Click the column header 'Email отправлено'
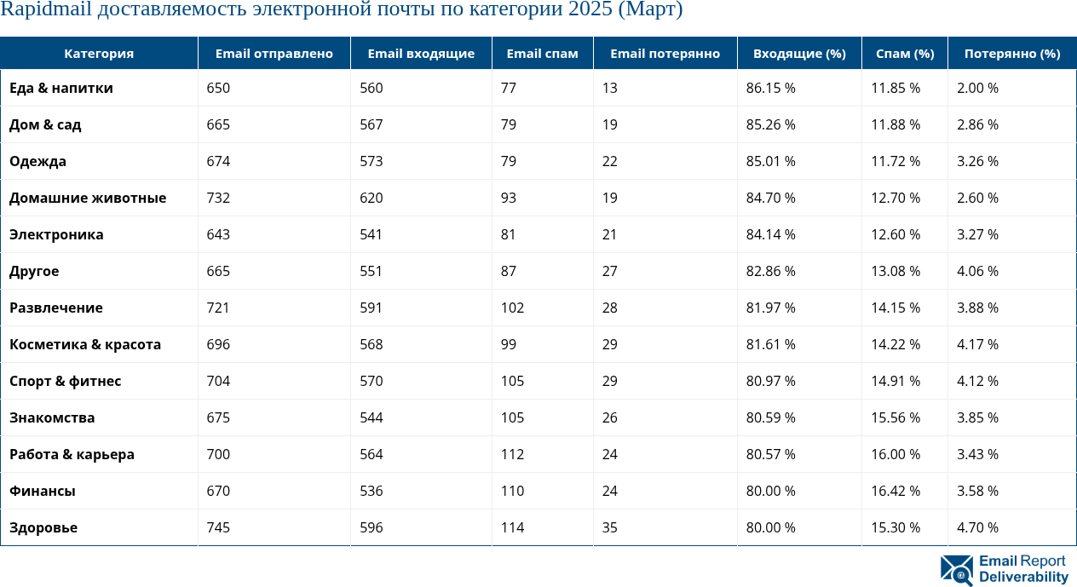pyautogui.click(x=274, y=54)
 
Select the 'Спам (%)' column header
pyautogui.click(x=904, y=54)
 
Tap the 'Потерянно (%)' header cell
pyautogui.click(x=1011, y=54)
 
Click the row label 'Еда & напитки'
pyautogui.click(x=61, y=89)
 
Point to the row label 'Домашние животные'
pyautogui.click(x=88, y=199)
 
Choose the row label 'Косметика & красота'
pyautogui.click(x=85, y=345)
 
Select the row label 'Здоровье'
pyautogui.click(x=43, y=528)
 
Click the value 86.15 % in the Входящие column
pyautogui.click(x=770, y=89)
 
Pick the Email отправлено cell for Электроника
pyautogui.click(x=218, y=235)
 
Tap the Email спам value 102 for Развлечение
pyautogui.click(x=512, y=308)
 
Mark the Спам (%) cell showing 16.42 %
pyautogui.click(x=895, y=492)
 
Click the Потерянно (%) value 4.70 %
pyautogui.click(x=977, y=528)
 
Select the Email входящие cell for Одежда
pyautogui.click(x=371, y=162)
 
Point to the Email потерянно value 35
pyautogui.click(x=609, y=528)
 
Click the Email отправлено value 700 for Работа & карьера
pyautogui.click(x=218, y=455)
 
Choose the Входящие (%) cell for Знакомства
pyautogui.click(x=770, y=418)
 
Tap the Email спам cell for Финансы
pyautogui.click(x=512, y=492)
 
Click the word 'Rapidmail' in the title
pyautogui.click(x=42, y=11)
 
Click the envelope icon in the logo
pyautogui.click(x=956, y=570)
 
